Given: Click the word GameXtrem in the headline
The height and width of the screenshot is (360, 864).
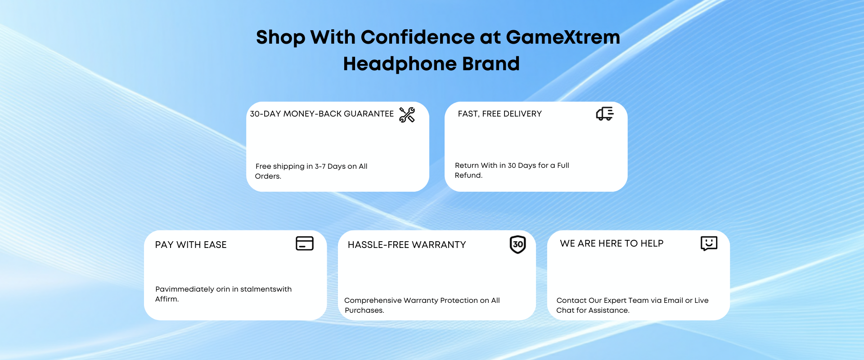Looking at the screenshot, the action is coord(563,37).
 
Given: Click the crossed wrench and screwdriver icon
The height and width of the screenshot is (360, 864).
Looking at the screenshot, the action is coord(407,115).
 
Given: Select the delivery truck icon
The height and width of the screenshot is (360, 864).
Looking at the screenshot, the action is coord(605,114).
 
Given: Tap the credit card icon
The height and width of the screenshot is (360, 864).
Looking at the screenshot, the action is coord(305,243).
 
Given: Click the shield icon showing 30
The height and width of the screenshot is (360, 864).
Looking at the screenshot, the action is coord(518,244).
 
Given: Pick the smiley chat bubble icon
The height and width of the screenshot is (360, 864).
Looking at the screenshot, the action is coord(709,243).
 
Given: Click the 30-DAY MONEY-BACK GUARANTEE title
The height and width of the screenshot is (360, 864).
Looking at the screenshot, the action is coord(322,114).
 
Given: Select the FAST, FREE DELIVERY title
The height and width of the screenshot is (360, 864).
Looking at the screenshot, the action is coord(500,114).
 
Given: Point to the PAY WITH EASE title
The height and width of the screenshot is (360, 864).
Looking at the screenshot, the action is coord(191,245).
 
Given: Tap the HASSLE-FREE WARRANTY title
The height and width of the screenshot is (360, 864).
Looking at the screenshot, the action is coord(407,245).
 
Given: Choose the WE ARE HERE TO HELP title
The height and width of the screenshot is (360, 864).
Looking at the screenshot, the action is coord(612,243).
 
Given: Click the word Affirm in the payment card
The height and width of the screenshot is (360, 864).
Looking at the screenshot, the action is coord(166,299).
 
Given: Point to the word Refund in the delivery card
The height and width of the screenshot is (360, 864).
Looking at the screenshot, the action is coord(468,175).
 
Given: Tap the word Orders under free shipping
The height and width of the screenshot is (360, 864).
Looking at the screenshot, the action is coord(268,176).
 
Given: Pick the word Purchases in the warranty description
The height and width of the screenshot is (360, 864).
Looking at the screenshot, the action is coord(364,310).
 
